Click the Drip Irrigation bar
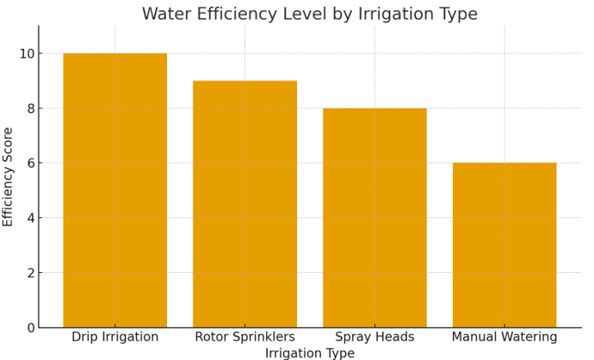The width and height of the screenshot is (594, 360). pyautogui.click(x=114, y=190)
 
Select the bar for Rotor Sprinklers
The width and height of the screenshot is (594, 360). pyautogui.click(x=244, y=204)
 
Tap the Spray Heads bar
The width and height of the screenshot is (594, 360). pyautogui.click(x=374, y=218)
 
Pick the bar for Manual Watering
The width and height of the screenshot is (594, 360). pyautogui.click(x=504, y=245)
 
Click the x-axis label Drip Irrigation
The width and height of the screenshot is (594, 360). pyautogui.click(x=114, y=337)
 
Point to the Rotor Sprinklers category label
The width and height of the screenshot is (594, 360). pyautogui.click(x=244, y=337)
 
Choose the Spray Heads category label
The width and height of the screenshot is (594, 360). pyautogui.click(x=374, y=337)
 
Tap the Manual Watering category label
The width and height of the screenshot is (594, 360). pyautogui.click(x=504, y=337)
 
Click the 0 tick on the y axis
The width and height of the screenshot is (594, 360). pyautogui.click(x=29, y=327)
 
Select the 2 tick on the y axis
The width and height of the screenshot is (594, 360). pyautogui.click(x=29, y=273)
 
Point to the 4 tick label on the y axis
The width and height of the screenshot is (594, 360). pyautogui.click(x=29, y=218)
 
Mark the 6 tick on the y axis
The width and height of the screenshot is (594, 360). pyautogui.click(x=29, y=163)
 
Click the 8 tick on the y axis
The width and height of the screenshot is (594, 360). pyautogui.click(x=29, y=109)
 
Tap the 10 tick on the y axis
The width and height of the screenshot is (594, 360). pyautogui.click(x=26, y=53)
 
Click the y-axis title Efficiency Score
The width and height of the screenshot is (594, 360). pyautogui.click(x=9, y=177)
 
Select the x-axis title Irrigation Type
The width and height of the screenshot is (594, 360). pyautogui.click(x=309, y=353)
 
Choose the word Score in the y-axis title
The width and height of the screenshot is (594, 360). pyautogui.click(x=9, y=147)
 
